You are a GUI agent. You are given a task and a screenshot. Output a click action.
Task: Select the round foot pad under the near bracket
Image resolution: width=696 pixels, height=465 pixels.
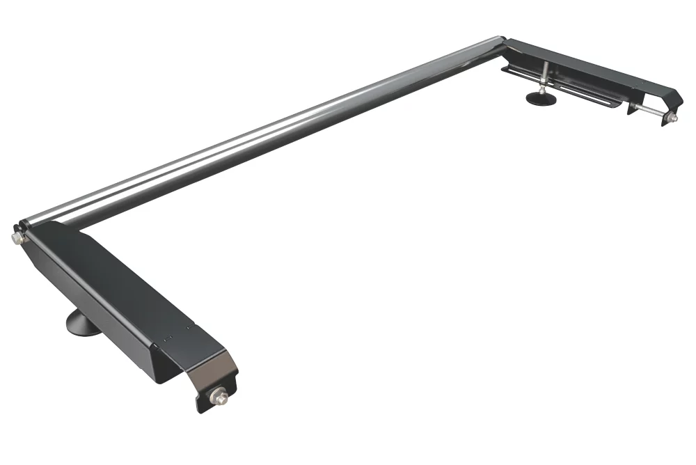[x=81, y=324]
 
